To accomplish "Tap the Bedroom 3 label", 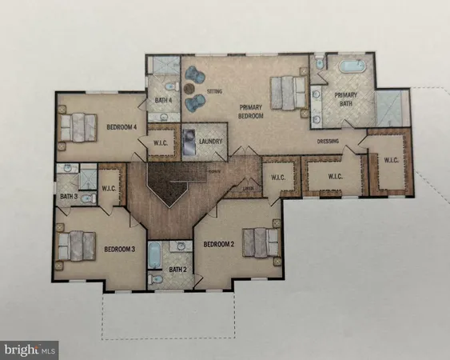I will pyautogui.click(x=120, y=249).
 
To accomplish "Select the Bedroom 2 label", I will pyautogui.click(x=218, y=243).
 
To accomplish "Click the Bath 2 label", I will pyautogui.click(x=177, y=269).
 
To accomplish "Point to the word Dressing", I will pyautogui.click(x=328, y=142).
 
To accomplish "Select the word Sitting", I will pyautogui.click(x=214, y=93).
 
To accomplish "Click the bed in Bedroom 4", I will pyautogui.click(x=77, y=126).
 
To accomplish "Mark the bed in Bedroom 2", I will pyautogui.click(x=262, y=242).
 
